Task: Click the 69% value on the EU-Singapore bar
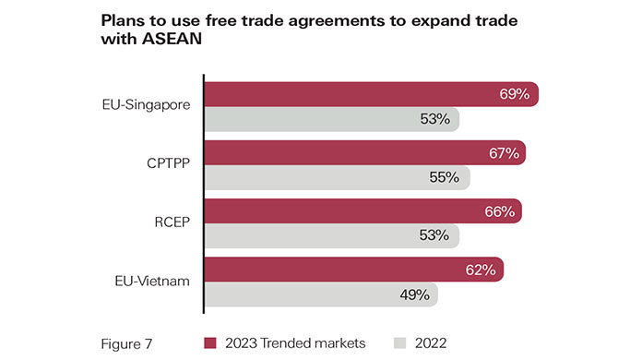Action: tap(514, 94)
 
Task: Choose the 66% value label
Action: tap(499, 211)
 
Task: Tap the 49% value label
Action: tap(413, 294)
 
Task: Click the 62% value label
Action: tap(481, 270)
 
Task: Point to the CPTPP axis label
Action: tap(166, 163)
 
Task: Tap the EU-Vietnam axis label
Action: tap(150, 282)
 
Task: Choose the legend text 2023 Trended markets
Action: tap(294, 342)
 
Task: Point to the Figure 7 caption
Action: tap(127, 342)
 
